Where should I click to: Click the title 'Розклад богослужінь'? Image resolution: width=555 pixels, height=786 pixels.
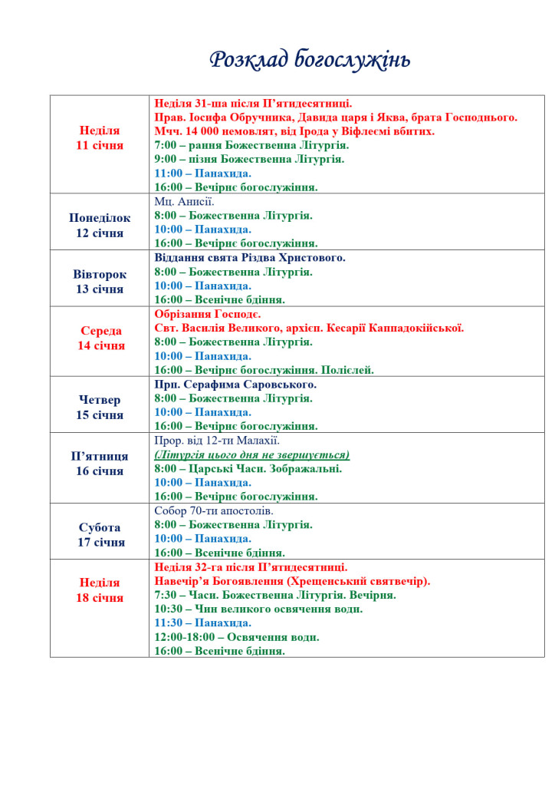click(310, 60)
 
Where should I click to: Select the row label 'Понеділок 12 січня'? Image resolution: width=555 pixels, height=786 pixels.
click(100, 226)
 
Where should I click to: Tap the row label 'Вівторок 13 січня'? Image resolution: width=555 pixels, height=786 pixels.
click(100, 282)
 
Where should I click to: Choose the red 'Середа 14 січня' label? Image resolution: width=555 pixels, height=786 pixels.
click(100, 338)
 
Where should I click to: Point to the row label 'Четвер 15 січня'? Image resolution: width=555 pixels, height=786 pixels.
click(100, 408)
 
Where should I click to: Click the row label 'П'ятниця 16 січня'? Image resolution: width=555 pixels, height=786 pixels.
click(100, 464)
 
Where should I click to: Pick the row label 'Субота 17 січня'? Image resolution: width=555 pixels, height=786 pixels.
click(100, 535)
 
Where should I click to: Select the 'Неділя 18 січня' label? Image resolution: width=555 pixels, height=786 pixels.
click(100, 590)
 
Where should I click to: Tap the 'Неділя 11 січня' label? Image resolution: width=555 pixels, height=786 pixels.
click(100, 137)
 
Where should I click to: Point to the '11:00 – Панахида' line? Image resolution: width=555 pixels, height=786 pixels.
click(202, 173)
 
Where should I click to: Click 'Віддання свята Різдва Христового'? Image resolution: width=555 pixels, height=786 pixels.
click(250, 258)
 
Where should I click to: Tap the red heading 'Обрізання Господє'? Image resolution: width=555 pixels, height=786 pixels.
click(208, 314)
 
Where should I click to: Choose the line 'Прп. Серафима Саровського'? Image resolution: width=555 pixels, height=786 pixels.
click(235, 385)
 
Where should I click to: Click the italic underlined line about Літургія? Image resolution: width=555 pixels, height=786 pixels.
click(251, 454)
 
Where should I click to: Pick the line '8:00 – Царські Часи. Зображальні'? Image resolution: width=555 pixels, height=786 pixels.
click(248, 468)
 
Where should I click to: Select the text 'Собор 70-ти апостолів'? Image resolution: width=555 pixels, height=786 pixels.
click(214, 510)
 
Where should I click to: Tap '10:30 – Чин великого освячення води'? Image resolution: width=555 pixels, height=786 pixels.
click(258, 609)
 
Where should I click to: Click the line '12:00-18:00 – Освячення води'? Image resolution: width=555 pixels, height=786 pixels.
click(237, 637)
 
